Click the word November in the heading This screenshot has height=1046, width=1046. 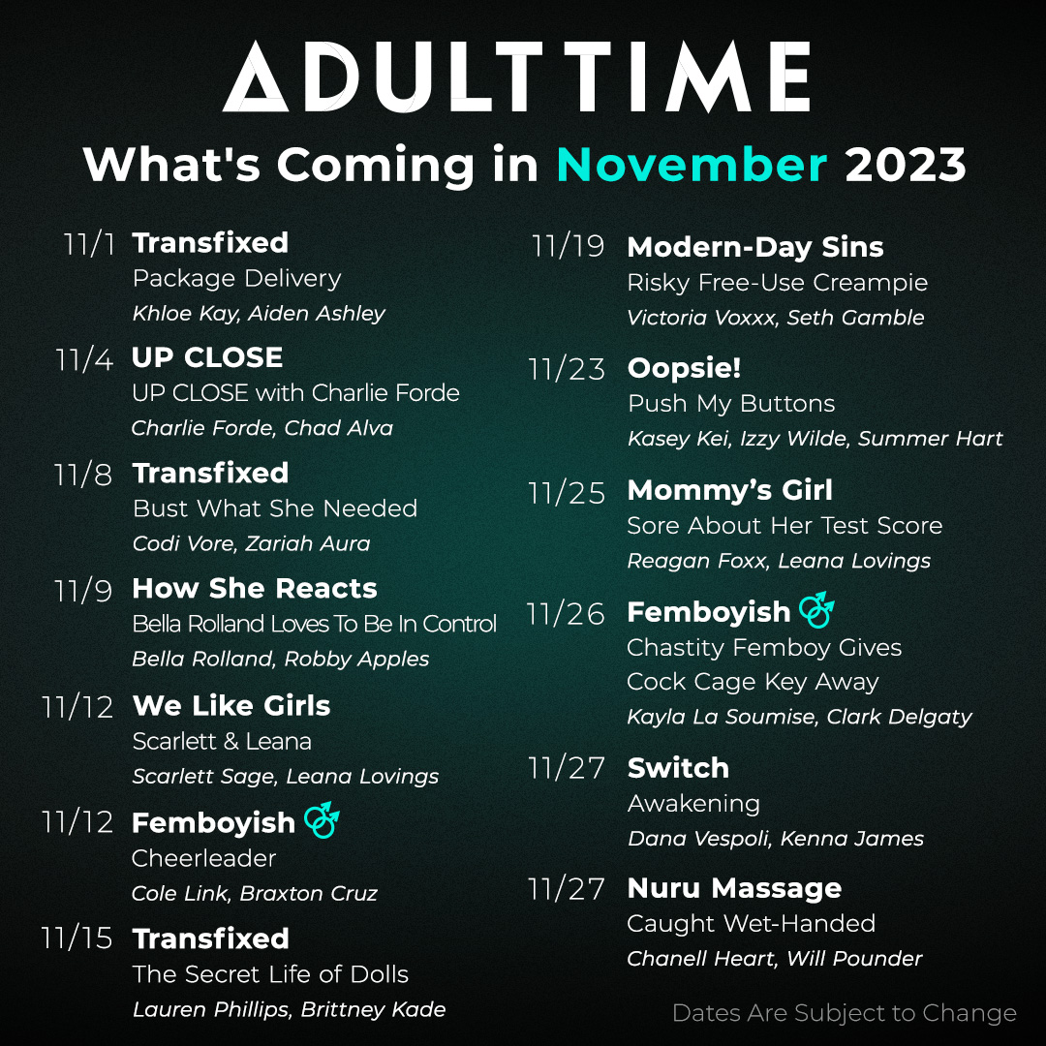[692, 164]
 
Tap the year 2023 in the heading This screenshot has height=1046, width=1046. [906, 164]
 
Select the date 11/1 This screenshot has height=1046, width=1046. [89, 244]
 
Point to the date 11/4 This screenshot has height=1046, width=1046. [84, 359]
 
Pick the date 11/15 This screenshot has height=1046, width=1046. [77, 938]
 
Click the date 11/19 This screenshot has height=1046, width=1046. [568, 246]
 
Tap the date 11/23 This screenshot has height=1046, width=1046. [567, 369]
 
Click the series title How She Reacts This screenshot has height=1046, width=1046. [255, 589]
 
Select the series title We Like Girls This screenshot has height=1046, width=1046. [231, 706]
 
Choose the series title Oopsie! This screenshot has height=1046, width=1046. [685, 368]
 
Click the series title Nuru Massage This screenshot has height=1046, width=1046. [734, 888]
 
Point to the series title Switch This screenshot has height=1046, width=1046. [678, 768]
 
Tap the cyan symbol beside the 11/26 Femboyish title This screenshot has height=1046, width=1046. [817, 610]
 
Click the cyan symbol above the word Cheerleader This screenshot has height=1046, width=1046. [323, 820]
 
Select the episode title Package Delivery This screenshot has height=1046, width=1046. [237, 278]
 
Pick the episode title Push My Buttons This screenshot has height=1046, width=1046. [731, 404]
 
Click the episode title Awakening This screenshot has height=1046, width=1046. [693, 804]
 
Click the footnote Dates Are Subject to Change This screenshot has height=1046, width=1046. [845, 1013]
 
